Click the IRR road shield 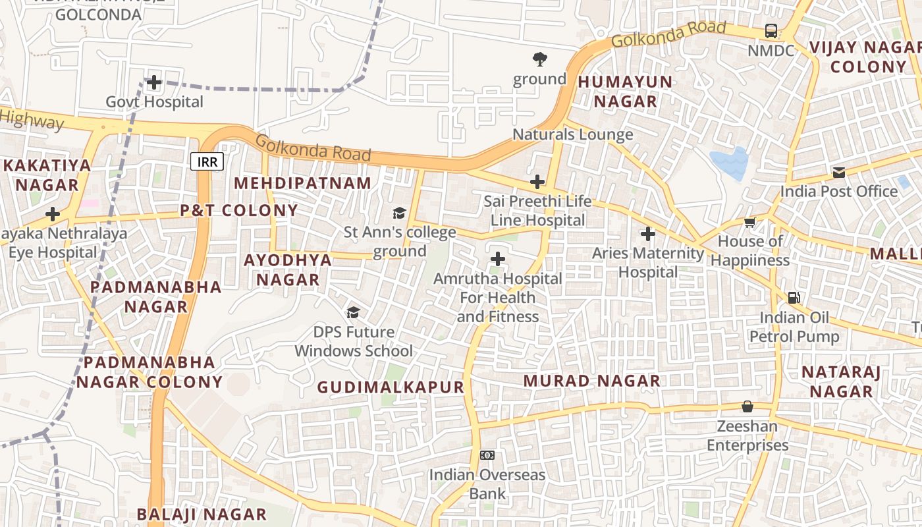click(207, 161)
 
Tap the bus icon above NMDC click(771, 31)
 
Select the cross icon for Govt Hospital click(154, 82)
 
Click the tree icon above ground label click(540, 59)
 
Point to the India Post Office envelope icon click(838, 173)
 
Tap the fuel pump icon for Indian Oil click(794, 298)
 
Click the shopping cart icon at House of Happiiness click(749, 222)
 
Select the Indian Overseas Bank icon click(487, 455)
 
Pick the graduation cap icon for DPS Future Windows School click(354, 312)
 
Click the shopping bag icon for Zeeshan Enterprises click(747, 406)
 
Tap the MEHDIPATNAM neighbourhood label click(303, 183)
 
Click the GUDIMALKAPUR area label click(391, 387)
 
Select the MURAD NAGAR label click(592, 381)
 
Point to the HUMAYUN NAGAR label click(625, 92)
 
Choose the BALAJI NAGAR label click(202, 514)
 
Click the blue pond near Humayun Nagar click(729, 163)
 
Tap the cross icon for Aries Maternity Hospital click(648, 234)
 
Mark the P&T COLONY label click(239, 211)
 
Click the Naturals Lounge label click(573, 135)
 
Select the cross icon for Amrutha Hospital click(498, 259)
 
